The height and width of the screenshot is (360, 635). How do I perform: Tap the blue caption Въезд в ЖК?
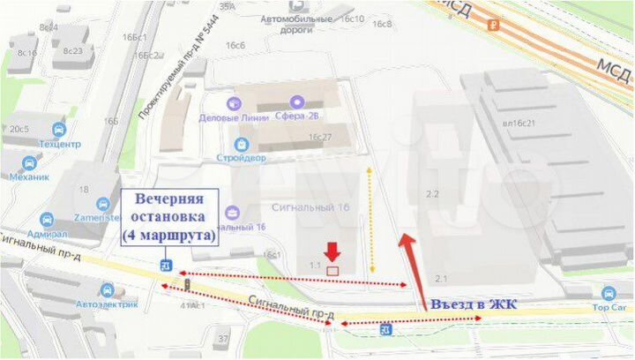(x=473, y=304)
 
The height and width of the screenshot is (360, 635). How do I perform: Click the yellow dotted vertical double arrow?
(x=371, y=217)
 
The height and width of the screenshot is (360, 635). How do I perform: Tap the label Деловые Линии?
(x=232, y=118)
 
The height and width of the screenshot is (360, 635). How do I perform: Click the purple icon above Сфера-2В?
(x=296, y=102)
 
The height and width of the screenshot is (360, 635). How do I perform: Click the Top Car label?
(x=609, y=308)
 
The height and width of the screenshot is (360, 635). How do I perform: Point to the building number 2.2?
(x=432, y=194)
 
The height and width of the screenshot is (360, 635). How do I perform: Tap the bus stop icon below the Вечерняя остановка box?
(x=165, y=264)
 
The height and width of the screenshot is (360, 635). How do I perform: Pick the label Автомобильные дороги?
(x=297, y=22)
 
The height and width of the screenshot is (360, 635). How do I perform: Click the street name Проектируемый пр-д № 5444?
(x=171, y=85)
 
